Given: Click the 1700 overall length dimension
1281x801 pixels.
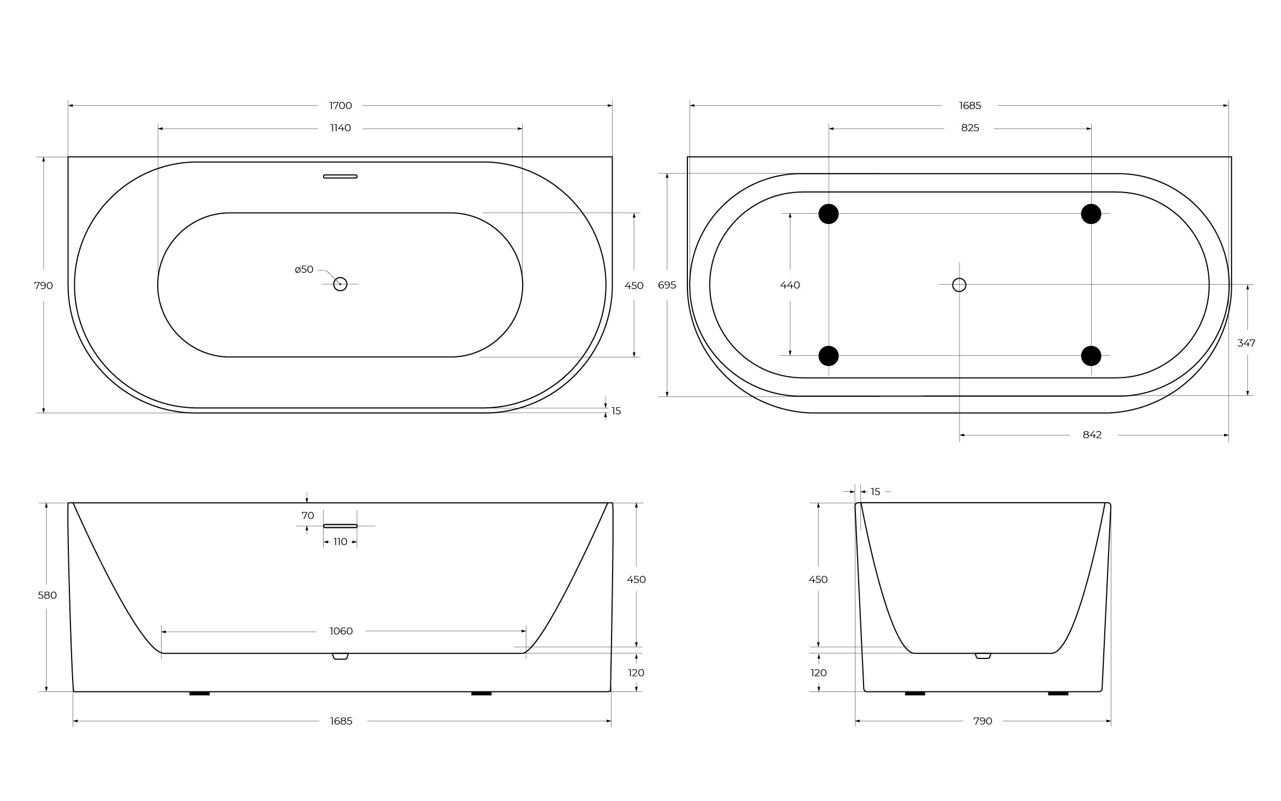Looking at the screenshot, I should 340,106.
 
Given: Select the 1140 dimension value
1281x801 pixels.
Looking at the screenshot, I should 340,128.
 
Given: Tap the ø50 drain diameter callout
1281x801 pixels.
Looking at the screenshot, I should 304,270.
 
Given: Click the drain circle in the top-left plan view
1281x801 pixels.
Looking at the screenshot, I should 340,284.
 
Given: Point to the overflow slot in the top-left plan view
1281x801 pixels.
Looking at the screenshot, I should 340,176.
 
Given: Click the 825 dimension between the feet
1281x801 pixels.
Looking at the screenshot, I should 970,128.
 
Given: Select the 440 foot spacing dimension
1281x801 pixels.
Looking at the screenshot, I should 790,285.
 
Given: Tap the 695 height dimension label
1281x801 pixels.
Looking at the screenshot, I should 667,285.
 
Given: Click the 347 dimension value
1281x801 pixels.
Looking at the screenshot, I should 1246,343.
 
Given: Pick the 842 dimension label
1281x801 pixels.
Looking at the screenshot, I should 1092,435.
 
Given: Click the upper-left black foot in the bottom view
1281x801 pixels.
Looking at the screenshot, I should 828,214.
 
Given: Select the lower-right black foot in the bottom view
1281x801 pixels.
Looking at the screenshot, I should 1091,356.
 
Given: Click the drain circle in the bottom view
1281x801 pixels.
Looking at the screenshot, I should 959,285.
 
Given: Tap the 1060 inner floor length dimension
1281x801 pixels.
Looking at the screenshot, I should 341,631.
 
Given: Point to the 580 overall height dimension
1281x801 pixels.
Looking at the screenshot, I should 47,595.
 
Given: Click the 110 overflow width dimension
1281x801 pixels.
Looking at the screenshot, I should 340,542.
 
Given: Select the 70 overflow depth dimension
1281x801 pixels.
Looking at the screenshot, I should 307,516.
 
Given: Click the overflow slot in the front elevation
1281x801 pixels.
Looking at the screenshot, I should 340,526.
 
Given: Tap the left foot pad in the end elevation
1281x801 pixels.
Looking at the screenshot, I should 915,694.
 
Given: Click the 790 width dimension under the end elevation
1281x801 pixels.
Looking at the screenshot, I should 982,721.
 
